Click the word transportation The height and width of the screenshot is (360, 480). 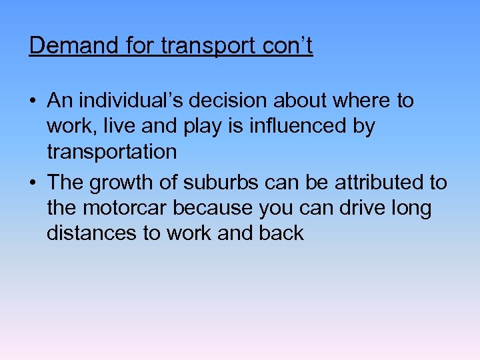[111, 152]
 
